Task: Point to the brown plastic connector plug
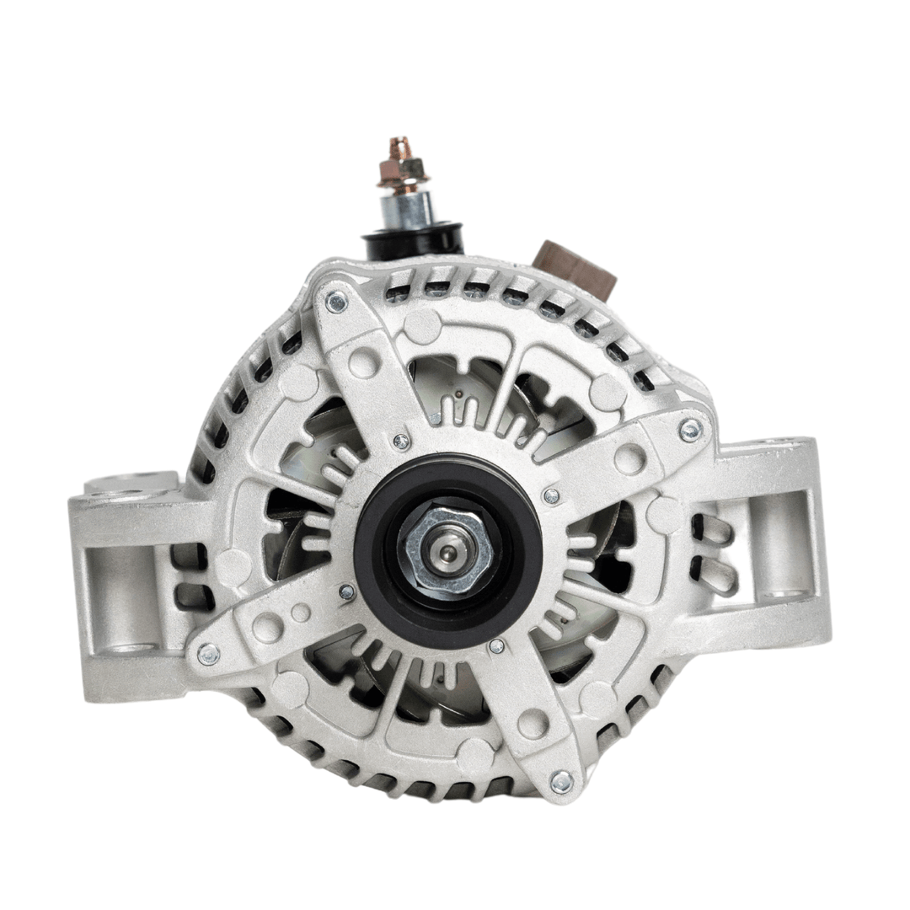[x=576, y=267]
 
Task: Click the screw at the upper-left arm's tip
[x=336, y=301]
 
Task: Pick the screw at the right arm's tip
[x=689, y=430]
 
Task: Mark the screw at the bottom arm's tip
[x=560, y=782]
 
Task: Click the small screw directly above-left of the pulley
[x=401, y=441]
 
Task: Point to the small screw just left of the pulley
[x=346, y=592]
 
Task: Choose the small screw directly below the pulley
[x=496, y=646]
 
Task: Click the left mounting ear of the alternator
[x=126, y=581]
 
